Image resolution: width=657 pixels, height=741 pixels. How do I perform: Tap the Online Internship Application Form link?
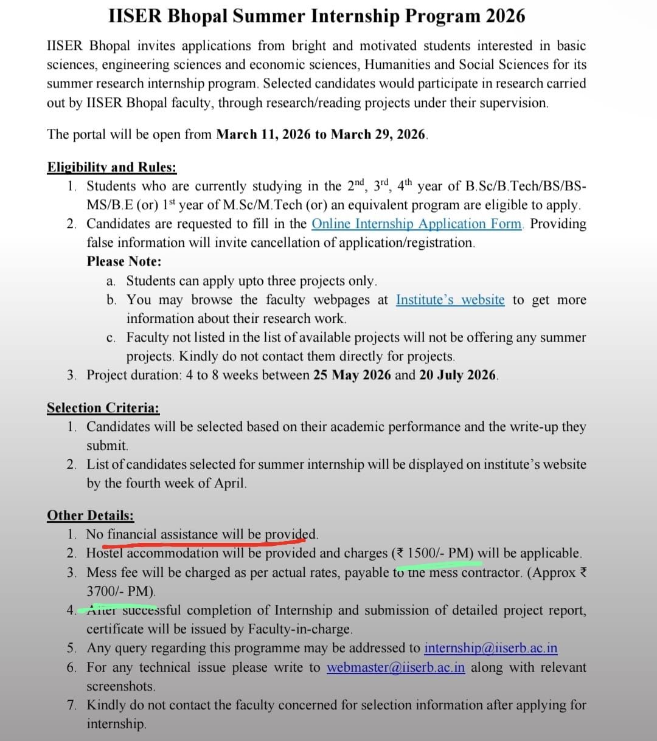pyautogui.click(x=417, y=224)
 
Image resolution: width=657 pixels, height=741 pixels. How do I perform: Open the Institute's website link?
pyautogui.click(x=450, y=300)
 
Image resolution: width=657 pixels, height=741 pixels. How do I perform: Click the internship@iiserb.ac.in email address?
pyautogui.click(x=491, y=648)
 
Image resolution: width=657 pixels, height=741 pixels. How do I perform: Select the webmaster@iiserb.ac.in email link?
pyautogui.click(x=396, y=667)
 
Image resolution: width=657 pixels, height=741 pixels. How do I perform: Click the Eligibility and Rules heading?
pyautogui.click(x=112, y=167)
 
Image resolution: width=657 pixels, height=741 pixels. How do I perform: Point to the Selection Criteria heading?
pyautogui.click(x=103, y=408)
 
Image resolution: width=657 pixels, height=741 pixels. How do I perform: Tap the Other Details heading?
pyautogui.click(x=91, y=515)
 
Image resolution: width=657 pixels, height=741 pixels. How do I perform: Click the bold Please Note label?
pyautogui.click(x=124, y=261)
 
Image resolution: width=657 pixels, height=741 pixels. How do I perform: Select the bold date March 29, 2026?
pyautogui.click(x=378, y=134)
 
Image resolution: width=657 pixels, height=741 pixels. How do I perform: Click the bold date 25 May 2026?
pyautogui.click(x=352, y=375)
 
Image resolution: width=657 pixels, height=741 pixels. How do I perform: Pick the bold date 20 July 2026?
pyautogui.click(x=458, y=375)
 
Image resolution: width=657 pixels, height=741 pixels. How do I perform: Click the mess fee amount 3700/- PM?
pyautogui.click(x=120, y=591)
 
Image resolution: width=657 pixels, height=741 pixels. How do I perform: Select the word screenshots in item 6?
pyautogui.click(x=121, y=686)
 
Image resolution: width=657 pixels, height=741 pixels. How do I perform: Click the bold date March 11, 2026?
pyautogui.click(x=263, y=134)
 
